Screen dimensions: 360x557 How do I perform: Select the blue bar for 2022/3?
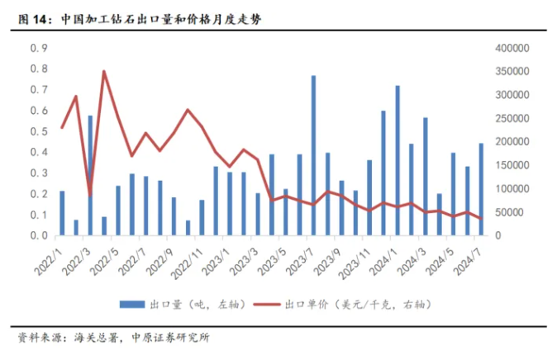pyautogui.click(x=90, y=175)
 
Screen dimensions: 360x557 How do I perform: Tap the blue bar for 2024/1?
pyautogui.click(x=398, y=160)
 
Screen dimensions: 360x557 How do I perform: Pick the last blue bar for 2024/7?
pyautogui.click(x=481, y=189)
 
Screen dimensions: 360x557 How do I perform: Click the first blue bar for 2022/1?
pyautogui.click(x=62, y=213)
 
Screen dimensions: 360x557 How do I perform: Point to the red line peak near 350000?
pyautogui.click(x=104, y=72)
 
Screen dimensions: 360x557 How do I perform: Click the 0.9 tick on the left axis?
pyautogui.click(x=38, y=48)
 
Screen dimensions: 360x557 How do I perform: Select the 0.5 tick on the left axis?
pyautogui.click(x=38, y=131)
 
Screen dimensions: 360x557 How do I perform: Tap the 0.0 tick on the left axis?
pyautogui.click(x=38, y=235)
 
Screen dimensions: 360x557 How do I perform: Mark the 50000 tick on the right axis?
pyautogui.click(x=509, y=212)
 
